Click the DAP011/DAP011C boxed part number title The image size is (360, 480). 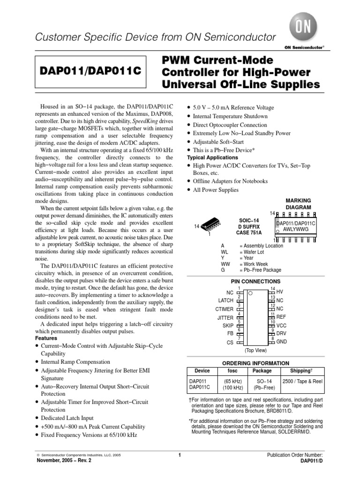click(x=90, y=72)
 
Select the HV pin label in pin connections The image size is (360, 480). click(x=280, y=292)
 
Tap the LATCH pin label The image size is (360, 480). click(x=225, y=300)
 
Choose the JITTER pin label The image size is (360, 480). click(x=225, y=317)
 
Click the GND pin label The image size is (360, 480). click(x=282, y=342)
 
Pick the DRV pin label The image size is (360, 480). click(x=282, y=333)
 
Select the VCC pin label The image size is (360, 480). click(x=282, y=325)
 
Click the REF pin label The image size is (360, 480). click(x=281, y=317)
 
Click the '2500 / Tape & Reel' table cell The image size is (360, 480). click(x=302, y=382)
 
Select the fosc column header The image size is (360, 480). click(x=232, y=370)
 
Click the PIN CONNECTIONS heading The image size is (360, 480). click(x=255, y=281)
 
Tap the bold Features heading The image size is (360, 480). click(x=46, y=338)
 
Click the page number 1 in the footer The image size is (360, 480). click(x=180, y=455)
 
